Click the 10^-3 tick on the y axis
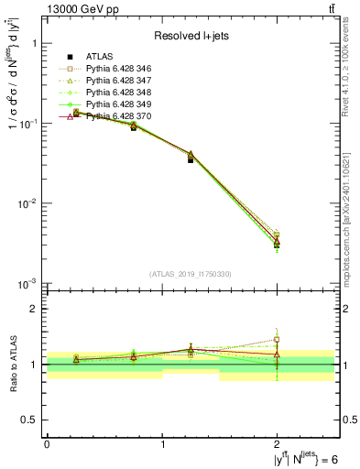(27, 283)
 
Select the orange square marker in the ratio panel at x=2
(277, 340)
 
